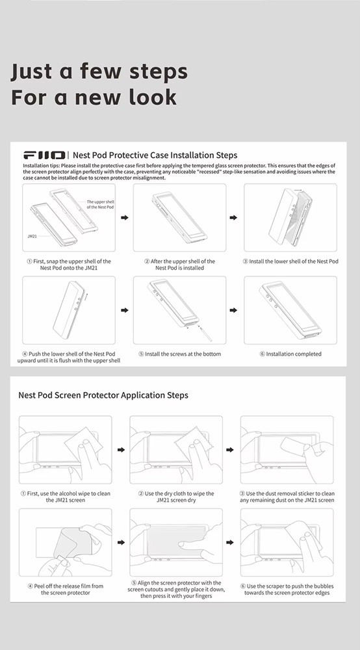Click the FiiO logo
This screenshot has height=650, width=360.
[x=44, y=155]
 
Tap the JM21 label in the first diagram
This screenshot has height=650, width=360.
[x=32, y=237]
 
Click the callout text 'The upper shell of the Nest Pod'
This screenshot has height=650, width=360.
[x=100, y=204]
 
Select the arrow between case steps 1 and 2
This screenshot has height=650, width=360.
[x=125, y=218]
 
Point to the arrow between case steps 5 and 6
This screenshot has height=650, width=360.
[x=234, y=310]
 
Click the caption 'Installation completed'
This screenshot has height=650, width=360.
[x=290, y=354]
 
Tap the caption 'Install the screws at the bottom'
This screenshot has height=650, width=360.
[x=180, y=354]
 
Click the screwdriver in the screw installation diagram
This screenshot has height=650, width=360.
[x=205, y=333]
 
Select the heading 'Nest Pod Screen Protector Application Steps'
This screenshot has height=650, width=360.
[x=103, y=395]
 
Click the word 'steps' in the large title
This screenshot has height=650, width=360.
[x=159, y=71]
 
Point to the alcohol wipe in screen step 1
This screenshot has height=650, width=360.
[x=84, y=443]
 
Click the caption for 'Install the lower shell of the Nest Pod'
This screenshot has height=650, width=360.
[x=290, y=261]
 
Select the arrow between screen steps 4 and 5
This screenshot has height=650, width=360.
[x=122, y=542]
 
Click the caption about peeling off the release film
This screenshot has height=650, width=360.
[x=66, y=590]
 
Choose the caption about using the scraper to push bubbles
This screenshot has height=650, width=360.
[x=287, y=590]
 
